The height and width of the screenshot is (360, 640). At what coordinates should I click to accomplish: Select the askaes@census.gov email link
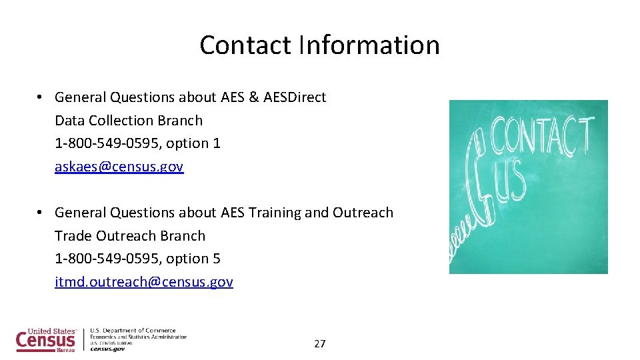(x=119, y=167)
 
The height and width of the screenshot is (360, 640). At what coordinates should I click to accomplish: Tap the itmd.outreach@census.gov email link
(x=144, y=282)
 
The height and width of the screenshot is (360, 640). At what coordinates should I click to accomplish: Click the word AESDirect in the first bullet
(x=295, y=97)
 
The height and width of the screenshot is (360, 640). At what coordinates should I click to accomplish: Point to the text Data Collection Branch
(x=129, y=121)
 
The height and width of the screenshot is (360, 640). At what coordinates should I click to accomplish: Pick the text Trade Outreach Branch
(x=130, y=236)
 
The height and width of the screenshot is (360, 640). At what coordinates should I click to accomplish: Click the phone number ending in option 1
(x=137, y=143)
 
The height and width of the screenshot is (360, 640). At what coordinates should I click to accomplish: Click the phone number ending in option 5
(x=137, y=259)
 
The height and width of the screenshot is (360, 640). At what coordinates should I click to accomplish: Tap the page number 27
(x=320, y=344)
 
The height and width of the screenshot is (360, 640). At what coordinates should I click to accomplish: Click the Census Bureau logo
(x=47, y=340)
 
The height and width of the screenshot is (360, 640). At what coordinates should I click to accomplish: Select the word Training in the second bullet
(x=274, y=213)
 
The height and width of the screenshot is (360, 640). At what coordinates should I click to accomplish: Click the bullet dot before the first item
(x=41, y=97)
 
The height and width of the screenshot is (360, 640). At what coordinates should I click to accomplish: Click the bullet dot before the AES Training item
(x=41, y=213)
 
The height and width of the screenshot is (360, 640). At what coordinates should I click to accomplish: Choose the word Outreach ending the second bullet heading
(x=363, y=213)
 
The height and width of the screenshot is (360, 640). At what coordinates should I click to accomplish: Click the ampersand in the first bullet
(x=253, y=97)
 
